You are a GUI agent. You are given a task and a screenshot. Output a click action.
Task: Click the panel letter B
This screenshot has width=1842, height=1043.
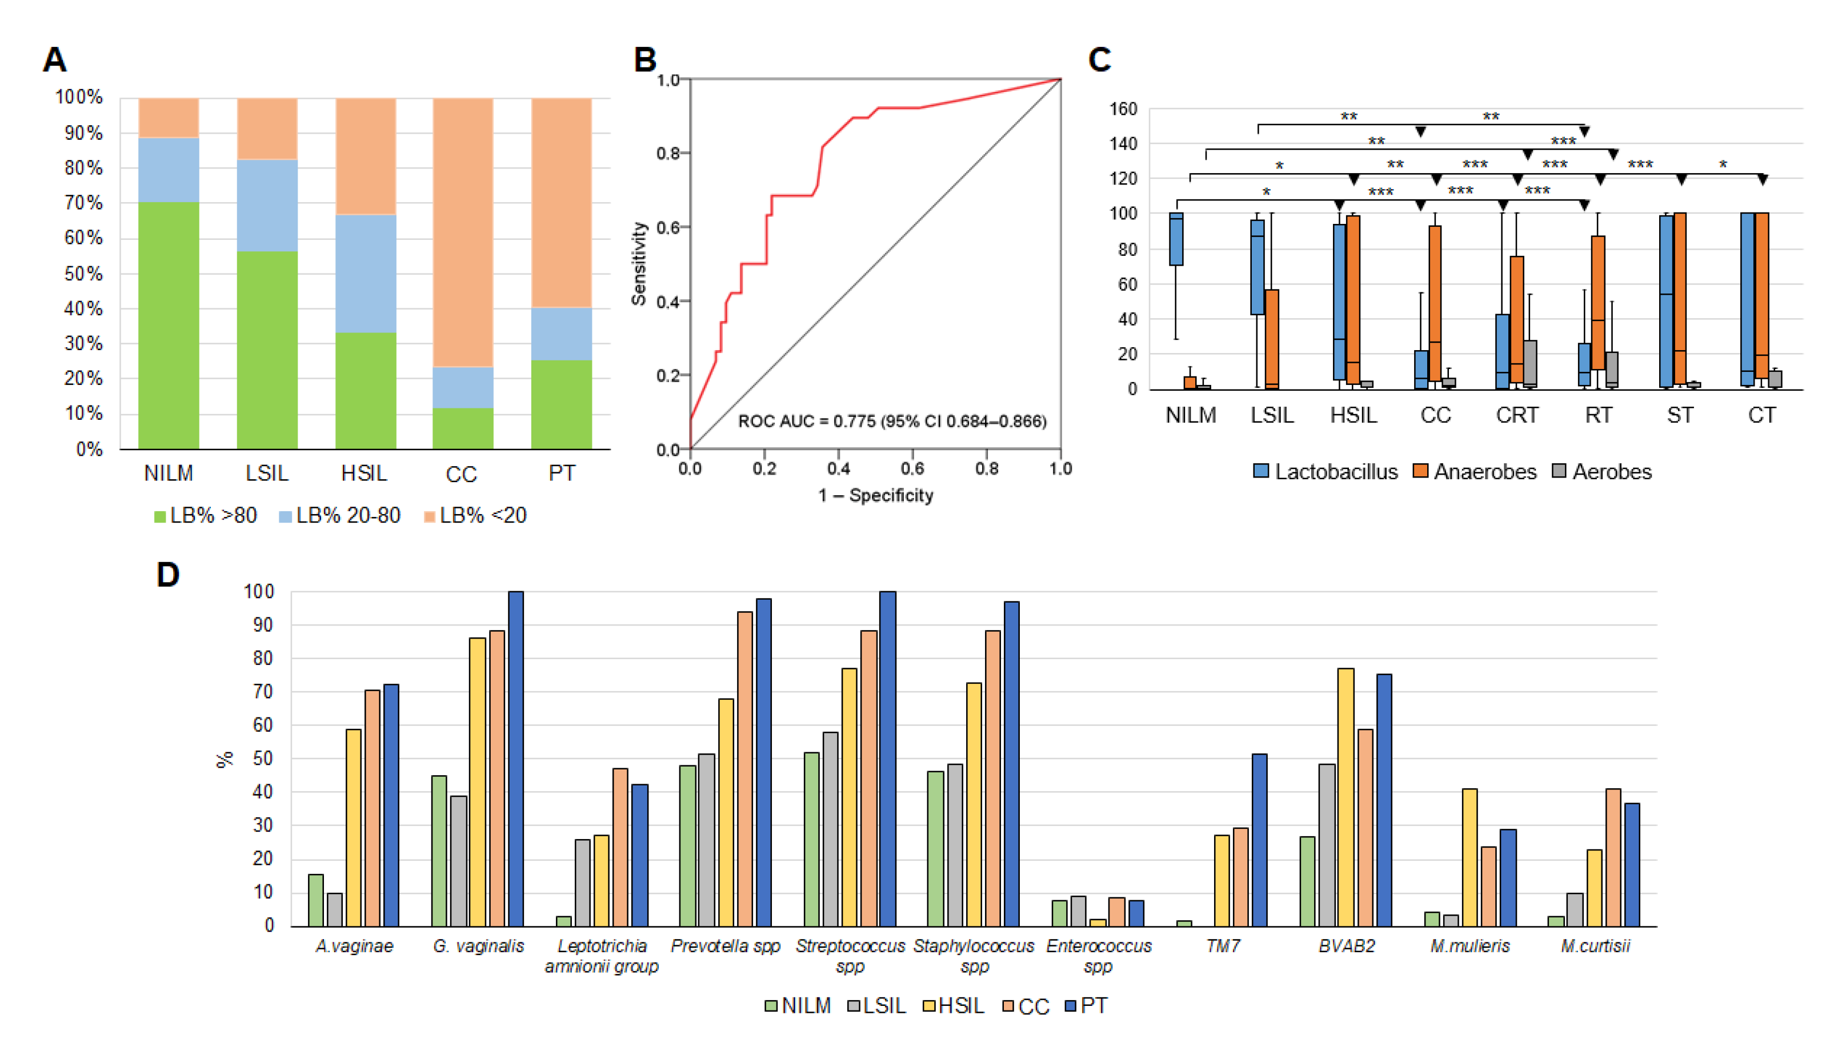[645, 59]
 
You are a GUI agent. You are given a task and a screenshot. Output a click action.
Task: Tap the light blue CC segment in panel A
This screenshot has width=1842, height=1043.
[462, 387]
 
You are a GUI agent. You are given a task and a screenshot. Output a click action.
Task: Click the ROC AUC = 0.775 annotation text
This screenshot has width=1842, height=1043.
[892, 421]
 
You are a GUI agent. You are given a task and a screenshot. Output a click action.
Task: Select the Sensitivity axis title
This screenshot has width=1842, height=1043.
[638, 264]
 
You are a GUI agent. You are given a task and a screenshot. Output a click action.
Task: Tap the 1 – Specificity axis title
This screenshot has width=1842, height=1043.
[875, 495]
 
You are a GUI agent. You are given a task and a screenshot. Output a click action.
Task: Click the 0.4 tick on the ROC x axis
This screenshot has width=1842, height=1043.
[838, 468]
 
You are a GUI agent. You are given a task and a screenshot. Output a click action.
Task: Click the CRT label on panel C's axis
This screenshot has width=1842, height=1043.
[1517, 415]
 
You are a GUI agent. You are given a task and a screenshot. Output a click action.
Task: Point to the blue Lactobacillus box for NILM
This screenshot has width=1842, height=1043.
[1176, 239]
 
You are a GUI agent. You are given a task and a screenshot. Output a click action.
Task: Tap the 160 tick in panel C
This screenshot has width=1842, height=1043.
[1123, 109]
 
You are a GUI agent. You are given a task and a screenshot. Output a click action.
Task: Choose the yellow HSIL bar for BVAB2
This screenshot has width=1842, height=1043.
[1346, 797]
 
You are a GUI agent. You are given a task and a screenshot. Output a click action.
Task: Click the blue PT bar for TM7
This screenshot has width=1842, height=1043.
[1259, 840]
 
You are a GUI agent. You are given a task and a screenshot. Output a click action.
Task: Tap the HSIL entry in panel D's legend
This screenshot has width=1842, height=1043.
[954, 1006]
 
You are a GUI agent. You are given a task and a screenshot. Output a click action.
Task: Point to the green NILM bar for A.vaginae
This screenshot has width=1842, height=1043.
[316, 900]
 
